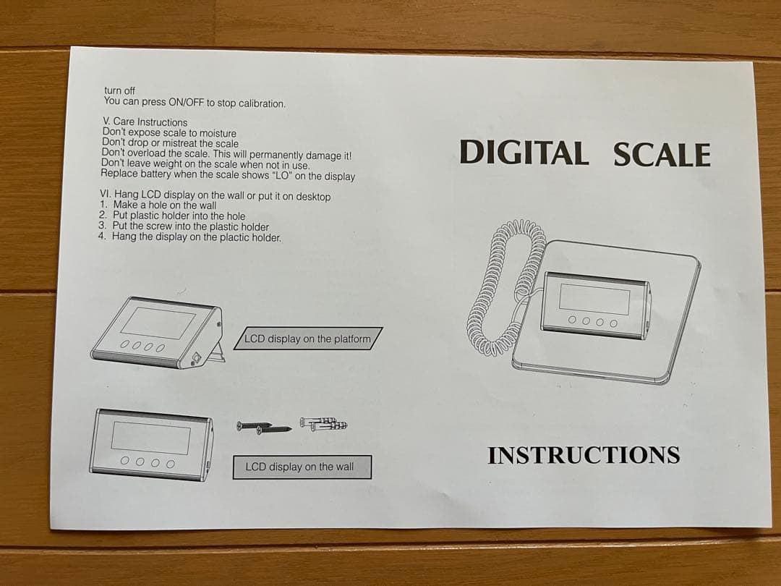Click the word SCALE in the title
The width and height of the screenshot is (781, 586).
pyautogui.click(x=662, y=155)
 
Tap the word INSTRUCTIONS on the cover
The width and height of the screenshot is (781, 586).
pyautogui.click(x=584, y=455)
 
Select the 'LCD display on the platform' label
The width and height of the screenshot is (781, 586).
pyautogui.click(x=307, y=339)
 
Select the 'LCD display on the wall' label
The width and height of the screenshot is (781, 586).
pyautogui.click(x=299, y=467)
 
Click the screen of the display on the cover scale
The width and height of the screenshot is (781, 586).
pyautogui.click(x=594, y=297)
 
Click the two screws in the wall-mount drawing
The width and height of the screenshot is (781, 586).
pyautogui.click(x=265, y=427)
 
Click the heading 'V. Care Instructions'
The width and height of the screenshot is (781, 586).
pyautogui.click(x=145, y=122)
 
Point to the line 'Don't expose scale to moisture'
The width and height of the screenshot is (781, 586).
pyautogui.click(x=169, y=133)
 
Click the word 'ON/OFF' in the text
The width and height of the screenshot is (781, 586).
pyautogui.click(x=186, y=103)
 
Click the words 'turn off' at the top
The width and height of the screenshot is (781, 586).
pyautogui.click(x=119, y=90)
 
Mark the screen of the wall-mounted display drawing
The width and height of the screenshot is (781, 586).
pyautogui.click(x=150, y=436)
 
